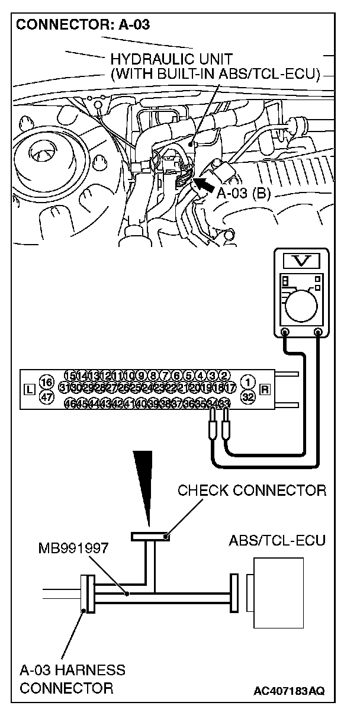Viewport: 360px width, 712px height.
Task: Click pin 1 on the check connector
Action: pos(249,382)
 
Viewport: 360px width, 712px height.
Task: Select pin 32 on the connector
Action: pos(249,397)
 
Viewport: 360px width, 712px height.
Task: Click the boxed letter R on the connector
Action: pos(265,389)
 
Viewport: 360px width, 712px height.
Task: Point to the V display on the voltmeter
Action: pos(302,259)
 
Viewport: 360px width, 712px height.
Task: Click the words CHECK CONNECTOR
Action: pos(252,490)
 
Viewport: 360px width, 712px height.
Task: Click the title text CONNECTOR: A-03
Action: pos(83,25)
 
